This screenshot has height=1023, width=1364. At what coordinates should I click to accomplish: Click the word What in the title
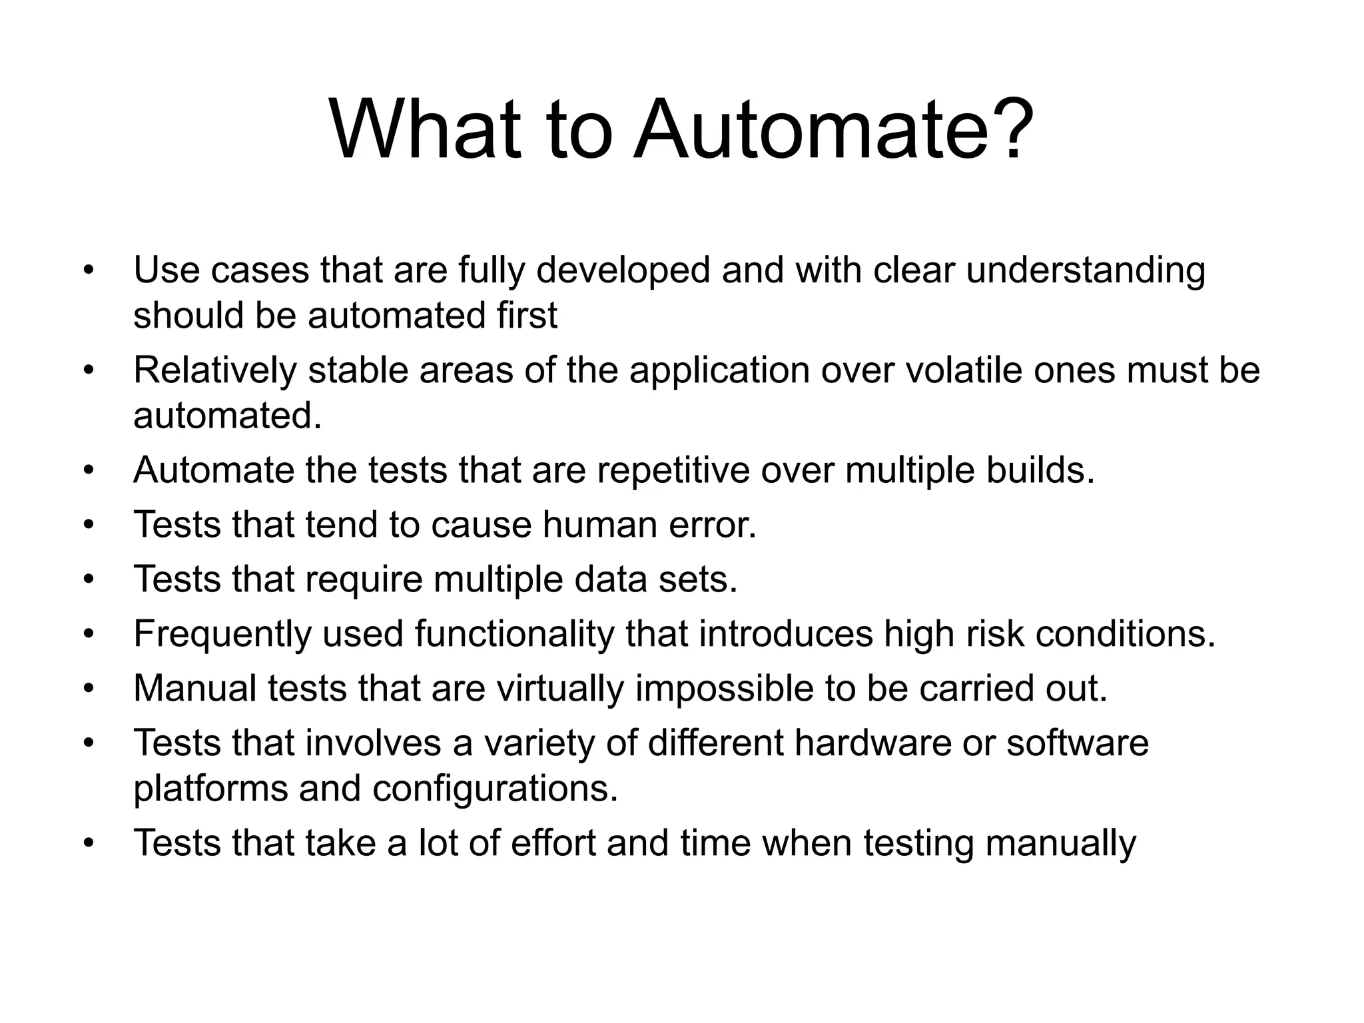pyautogui.click(x=425, y=129)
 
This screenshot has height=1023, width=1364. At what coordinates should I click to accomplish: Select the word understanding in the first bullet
pyautogui.click(x=1086, y=271)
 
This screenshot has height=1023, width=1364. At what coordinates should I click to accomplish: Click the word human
pyautogui.click(x=599, y=525)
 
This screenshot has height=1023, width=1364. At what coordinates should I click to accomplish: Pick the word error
pyautogui.click(x=713, y=525)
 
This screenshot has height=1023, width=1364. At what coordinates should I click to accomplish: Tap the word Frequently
pyautogui.click(x=222, y=634)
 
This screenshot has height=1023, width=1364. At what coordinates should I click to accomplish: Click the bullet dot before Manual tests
pyautogui.click(x=89, y=689)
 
